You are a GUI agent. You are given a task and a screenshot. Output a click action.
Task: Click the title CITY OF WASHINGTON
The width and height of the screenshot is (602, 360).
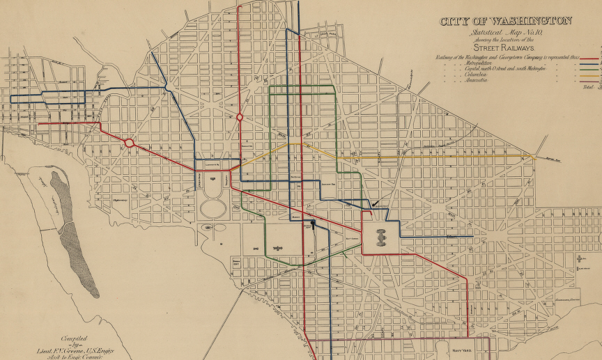coord(505,21)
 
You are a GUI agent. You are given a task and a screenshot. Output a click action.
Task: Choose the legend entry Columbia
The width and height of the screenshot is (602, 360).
coord(473,75)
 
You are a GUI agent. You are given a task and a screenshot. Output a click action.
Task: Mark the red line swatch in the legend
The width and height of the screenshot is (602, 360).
coord(591,59)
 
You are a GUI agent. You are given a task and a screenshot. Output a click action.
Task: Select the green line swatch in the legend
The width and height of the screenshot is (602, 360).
coord(591,70)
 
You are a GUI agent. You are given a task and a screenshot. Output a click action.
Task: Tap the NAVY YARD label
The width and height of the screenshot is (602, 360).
coord(462,351)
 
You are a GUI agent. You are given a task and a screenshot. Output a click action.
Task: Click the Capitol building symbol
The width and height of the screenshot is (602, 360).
coord(380,237)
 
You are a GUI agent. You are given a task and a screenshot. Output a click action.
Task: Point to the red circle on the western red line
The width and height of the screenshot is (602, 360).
coord(129,143)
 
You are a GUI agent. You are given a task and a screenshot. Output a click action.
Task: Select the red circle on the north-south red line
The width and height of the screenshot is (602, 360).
coord(240,117)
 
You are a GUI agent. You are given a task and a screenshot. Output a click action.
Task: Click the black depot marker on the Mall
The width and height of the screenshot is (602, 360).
coord(314,224)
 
